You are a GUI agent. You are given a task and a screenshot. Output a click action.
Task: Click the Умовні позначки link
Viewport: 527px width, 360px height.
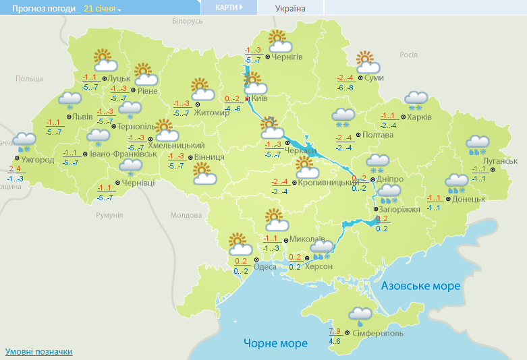(x=38, y=352)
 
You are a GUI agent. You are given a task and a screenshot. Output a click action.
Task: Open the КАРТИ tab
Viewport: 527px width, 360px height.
(x=229, y=7)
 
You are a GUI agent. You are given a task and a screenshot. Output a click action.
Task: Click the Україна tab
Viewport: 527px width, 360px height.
(x=290, y=9)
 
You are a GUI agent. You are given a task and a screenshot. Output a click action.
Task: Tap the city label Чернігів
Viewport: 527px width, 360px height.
(x=288, y=57)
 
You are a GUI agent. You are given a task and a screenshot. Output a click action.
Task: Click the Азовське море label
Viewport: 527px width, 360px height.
(x=420, y=286)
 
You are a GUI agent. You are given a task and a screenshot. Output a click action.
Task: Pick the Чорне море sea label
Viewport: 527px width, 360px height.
(x=275, y=343)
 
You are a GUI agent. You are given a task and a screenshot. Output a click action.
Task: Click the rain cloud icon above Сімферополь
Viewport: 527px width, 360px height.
(x=359, y=315)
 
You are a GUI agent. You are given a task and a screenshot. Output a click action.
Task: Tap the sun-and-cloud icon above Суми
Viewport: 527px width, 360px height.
(x=365, y=62)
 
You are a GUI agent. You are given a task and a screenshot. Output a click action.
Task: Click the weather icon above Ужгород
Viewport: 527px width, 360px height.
(x=24, y=142)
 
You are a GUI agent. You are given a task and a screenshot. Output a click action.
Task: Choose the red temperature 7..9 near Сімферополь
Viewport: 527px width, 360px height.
(x=335, y=331)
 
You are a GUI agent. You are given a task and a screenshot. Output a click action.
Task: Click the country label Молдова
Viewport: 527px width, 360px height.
(x=186, y=215)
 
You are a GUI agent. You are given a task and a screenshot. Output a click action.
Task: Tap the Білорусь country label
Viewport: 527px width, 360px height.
(x=187, y=22)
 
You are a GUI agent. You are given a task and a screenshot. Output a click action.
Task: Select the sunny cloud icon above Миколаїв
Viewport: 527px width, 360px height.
(x=275, y=220)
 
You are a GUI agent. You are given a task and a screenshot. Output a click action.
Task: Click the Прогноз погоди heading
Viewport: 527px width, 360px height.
(x=38, y=9)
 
